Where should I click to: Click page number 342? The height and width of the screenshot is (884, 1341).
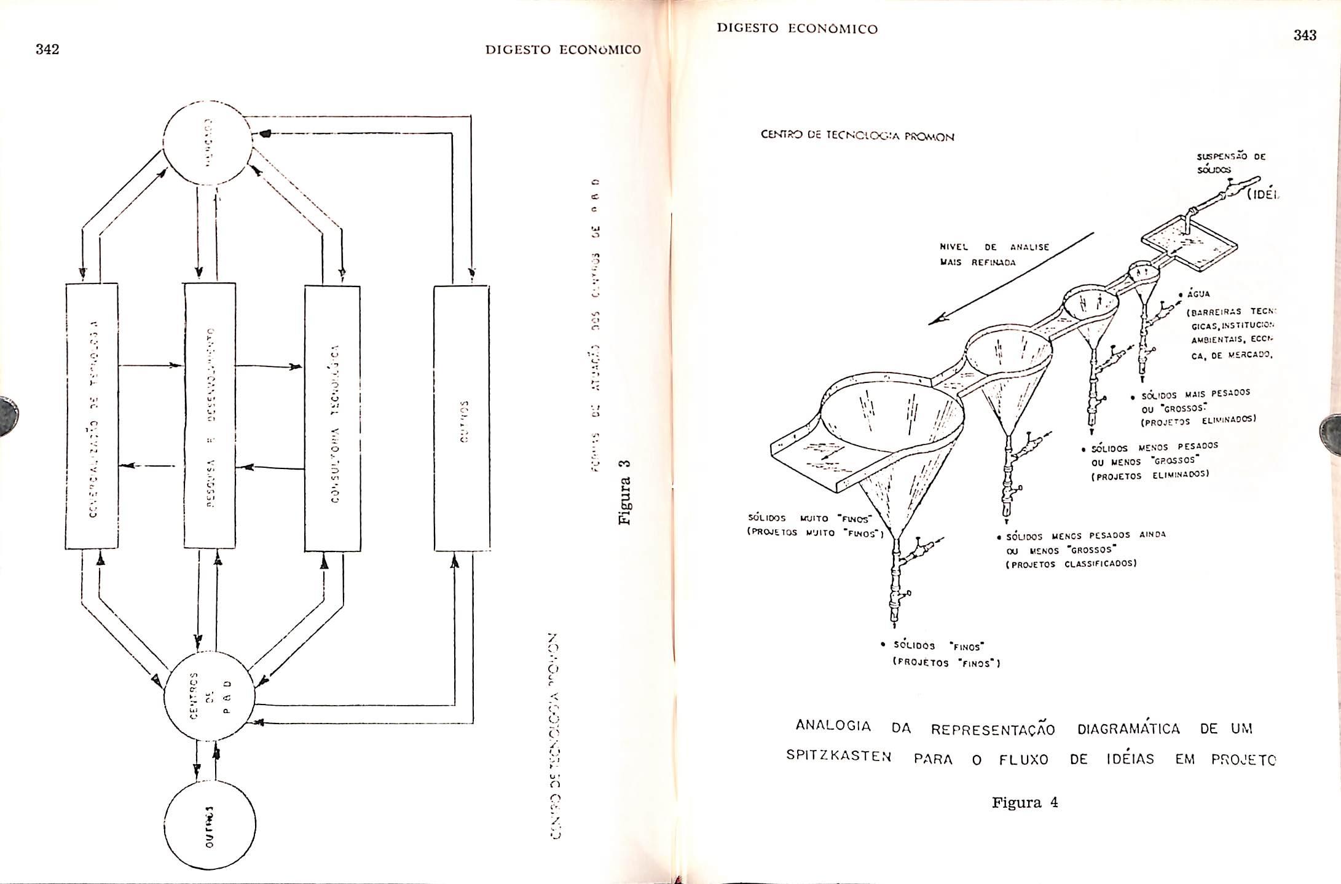pyautogui.click(x=47, y=50)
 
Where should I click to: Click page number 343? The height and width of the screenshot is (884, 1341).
pyautogui.click(x=1305, y=36)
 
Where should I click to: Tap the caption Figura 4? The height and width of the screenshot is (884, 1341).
pyautogui.click(x=1024, y=803)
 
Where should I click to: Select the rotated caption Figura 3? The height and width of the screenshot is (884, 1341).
pyautogui.click(x=625, y=491)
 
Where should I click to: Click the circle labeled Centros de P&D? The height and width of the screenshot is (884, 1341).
pyautogui.click(x=209, y=696)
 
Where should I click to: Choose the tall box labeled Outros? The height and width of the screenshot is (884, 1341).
pyautogui.click(x=462, y=418)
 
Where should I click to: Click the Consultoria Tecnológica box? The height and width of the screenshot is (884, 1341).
pyautogui.click(x=332, y=418)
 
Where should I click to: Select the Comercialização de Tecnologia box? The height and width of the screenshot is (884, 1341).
pyautogui.click(x=92, y=416)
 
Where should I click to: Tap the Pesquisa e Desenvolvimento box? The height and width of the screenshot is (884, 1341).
pyautogui.click(x=210, y=416)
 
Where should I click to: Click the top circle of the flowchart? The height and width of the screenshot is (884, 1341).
pyautogui.click(x=206, y=142)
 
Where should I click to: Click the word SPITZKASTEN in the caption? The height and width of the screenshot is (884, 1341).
pyautogui.click(x=838, y=756)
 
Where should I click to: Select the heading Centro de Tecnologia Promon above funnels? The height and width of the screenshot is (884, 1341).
pyautogui.click(x=857, y=136)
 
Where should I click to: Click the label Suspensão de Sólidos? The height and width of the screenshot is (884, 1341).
pyautogui.click(x=1230, y=163)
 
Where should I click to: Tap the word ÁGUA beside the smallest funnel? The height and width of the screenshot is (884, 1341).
pyautogui.click(x=1199, y=294)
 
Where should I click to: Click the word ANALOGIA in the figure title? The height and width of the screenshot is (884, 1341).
pyautogui.click(x=833, y=726)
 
